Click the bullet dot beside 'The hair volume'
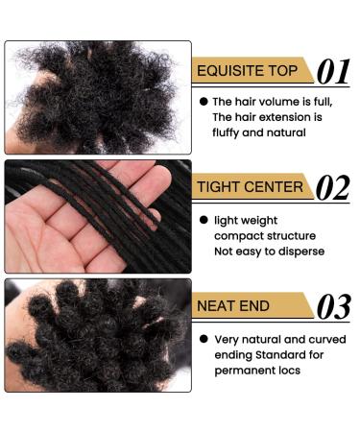coord(204,102)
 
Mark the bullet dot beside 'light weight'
coord(204,220)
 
